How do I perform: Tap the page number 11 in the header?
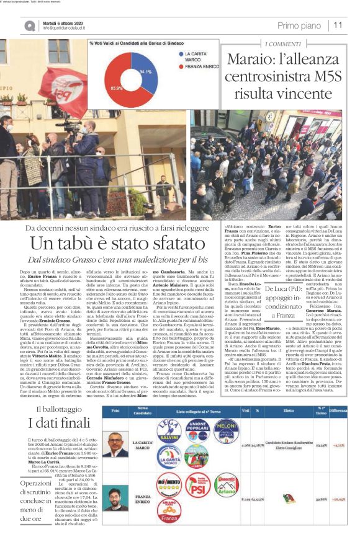(x=338, y=25)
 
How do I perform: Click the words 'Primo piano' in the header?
(x=300, y=25)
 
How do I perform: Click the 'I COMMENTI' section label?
(x=284, y=44)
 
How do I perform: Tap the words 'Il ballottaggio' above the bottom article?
(x=55, y=427)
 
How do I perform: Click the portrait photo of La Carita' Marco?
(x=114, y=463)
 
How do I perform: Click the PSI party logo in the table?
(x=198, y=502)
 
